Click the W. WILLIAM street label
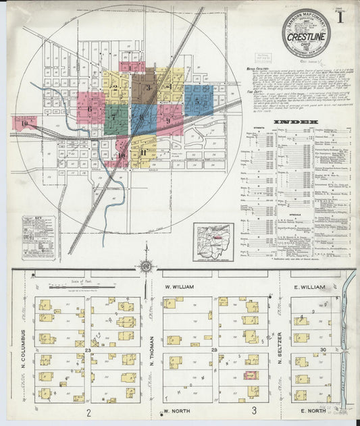(x=180, y=287)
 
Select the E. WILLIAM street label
(x=311, y=287)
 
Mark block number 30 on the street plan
(x=324, y=349)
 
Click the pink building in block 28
(x=251, y=375)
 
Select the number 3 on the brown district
(x=147, y=88)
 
